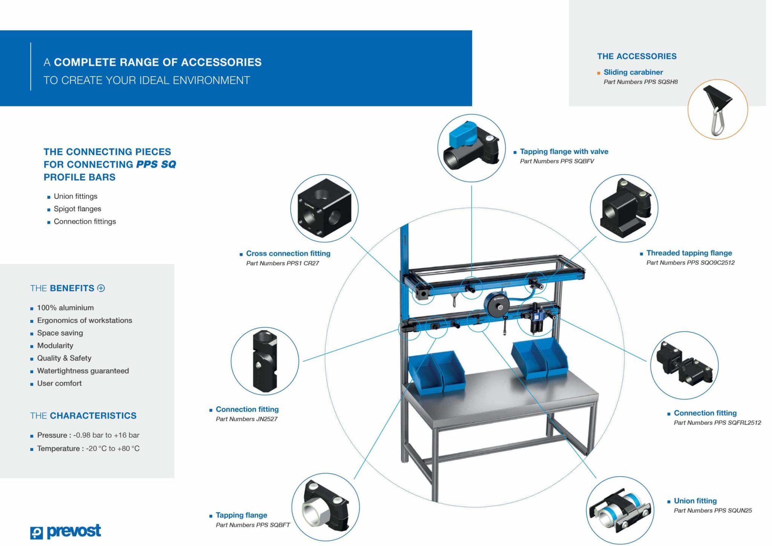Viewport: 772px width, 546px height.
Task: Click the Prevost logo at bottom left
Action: pos(66,532)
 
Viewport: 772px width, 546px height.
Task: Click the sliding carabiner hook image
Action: pos(717,110)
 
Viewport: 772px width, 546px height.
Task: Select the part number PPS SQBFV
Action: pos(557,161)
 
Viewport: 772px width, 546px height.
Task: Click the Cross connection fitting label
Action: pos(288,253)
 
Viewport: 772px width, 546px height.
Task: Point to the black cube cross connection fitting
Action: pos(324,208)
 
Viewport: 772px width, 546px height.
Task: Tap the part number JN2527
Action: pos(247,419)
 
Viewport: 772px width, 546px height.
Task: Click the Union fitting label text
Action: pos(695,501)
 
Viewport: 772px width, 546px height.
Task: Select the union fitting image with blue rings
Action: pos(619,510)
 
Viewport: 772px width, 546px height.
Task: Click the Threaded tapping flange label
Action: pos(689,253)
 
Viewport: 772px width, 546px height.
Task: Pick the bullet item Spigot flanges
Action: pos(77,209)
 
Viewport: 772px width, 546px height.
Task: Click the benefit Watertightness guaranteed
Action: pos(83,371)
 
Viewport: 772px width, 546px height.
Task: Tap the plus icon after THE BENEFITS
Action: pos(101,288)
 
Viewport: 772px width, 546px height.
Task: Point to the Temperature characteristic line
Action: pos(88,448)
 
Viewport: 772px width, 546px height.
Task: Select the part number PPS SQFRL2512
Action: pos(717,423)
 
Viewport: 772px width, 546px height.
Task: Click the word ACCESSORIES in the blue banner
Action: pos(221,62)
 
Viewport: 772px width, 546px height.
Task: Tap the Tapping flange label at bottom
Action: pos(241,515)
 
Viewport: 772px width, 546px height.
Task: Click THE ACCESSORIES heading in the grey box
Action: pos(637,56)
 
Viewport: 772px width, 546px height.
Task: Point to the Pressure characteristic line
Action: pos(88,435)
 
